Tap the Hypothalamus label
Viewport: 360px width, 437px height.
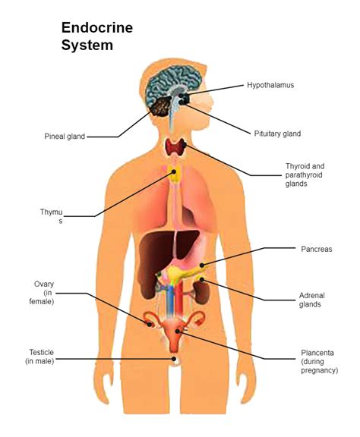click(x=270, y=85)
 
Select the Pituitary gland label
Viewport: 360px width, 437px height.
click(x=276, y=134)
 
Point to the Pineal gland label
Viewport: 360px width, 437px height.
click(x=64, y=137)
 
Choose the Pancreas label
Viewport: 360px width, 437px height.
click(x=317, y=248)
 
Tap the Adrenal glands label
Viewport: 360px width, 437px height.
click(x=309, y=300)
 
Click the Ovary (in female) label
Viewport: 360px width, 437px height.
click(x=43, y=293)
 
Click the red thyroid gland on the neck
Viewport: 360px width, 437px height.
click(x=177, y=148)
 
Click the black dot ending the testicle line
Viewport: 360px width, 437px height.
click(x=173, y=359)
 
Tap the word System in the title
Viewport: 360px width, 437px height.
click(x=87, y=46)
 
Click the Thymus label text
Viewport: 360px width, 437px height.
click(x=52, y=215)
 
